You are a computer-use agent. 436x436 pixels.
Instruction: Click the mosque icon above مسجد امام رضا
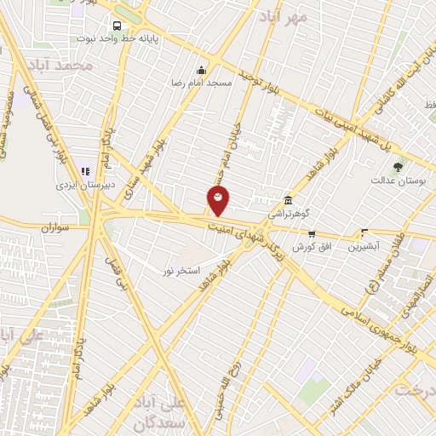click(x=201, y=71)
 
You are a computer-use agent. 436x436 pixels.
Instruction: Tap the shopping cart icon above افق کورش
click(x=312, y=232)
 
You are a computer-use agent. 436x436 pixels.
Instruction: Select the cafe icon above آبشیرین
click(x=364, y=232)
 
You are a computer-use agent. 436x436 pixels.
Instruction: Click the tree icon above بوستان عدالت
click(x=398, y=166)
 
